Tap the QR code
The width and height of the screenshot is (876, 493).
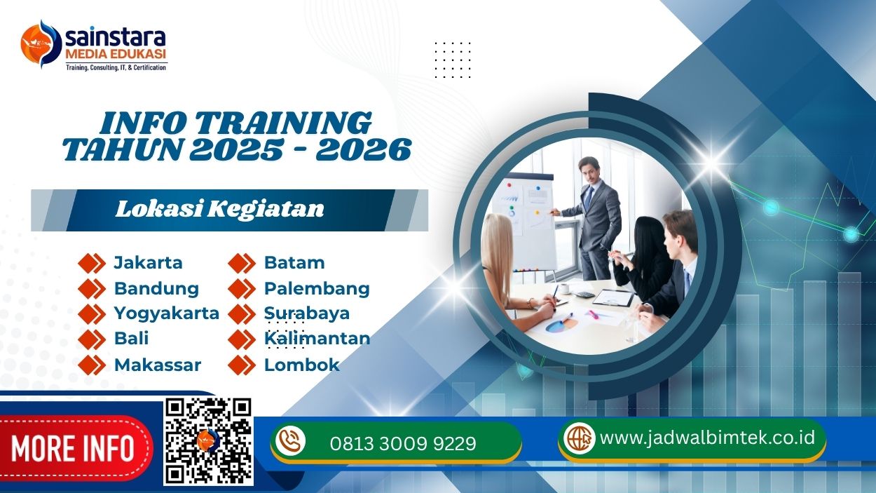[x=208, y=441]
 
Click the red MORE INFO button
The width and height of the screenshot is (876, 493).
[x=73, y=448]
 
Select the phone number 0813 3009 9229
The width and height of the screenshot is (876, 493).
[x=403, y=443]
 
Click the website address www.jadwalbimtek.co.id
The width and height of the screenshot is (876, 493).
[x=708, y=438]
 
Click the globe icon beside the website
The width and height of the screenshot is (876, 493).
[x=580, y=438]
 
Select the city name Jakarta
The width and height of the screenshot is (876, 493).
[x=148, y=263]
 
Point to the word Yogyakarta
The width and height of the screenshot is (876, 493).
[x=167, y=313]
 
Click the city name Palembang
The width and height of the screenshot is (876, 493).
[x=317, y=288]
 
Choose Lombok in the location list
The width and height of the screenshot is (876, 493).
[x=301, y=365]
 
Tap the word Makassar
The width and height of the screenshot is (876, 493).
[x=158, y=365]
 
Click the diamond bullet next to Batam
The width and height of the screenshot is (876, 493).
[x=242, y=263]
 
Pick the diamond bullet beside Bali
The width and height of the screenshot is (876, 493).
[x=91, y=339]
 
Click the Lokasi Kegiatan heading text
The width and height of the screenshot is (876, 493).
[x=219, y=209]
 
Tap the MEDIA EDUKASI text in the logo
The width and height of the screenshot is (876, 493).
[x=115, y=53]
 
